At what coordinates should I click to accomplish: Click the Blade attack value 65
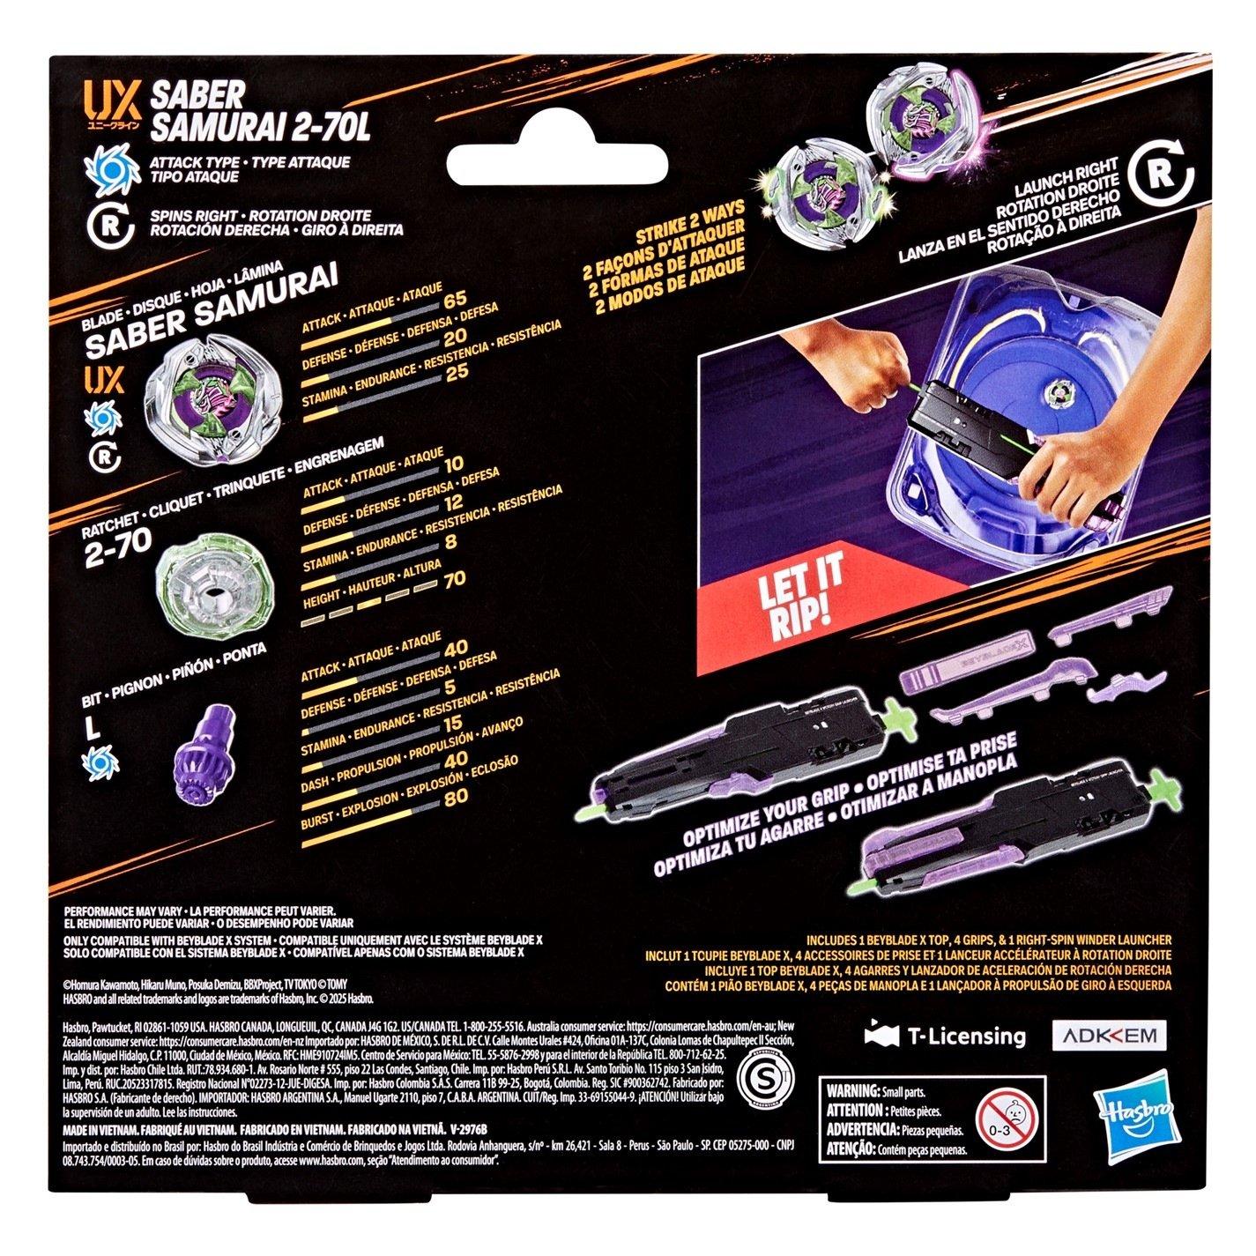[x=455, y=323]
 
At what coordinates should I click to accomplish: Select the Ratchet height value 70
[x=455, y=580]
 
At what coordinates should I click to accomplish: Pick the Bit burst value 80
[x=455, y=799]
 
